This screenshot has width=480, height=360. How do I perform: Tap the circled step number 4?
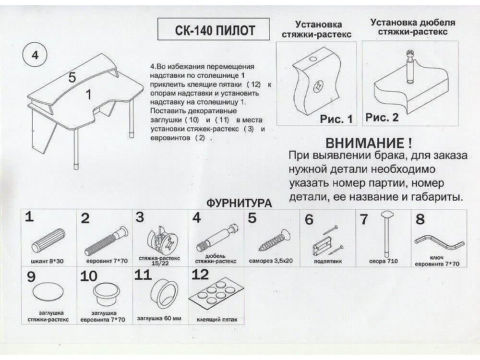(x=34, y=55)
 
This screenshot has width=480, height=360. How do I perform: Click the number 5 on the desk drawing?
(x=72, y=77)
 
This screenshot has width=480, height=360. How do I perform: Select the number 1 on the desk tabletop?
(x=88, y=95)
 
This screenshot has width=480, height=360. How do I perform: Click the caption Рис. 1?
(x=336, y=119)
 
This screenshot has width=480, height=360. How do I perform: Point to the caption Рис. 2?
(x=382, y=118)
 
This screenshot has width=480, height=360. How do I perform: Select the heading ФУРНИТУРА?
(x=239, y=203)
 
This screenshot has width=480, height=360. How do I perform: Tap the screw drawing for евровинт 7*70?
(x=107, y=241)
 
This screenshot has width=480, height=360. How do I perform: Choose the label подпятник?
(x=327, y=262)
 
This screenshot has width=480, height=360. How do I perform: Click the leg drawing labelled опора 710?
(x=385, y=235)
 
